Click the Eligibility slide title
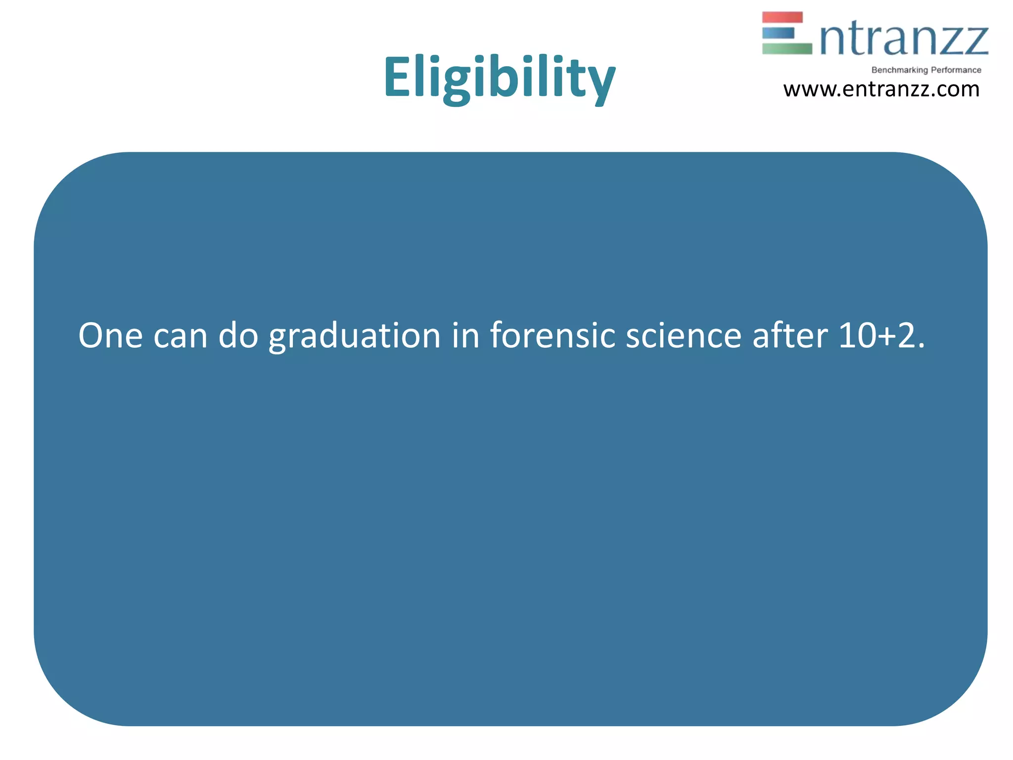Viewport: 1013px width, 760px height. click(499, 78)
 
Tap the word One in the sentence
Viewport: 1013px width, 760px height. click(110, 336)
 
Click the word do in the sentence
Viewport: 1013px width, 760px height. click(238, 335)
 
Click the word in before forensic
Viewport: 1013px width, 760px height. click(465, 335)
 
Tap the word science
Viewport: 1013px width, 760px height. click(683, 336)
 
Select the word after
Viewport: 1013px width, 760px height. click(789, 335)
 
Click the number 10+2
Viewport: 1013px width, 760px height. click(880, 336)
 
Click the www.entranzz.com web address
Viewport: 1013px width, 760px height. click(881, 90)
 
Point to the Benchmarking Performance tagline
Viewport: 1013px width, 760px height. click(926, 70)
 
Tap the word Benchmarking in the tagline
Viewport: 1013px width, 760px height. click(899, 70)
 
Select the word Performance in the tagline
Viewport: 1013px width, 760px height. click(956, 70)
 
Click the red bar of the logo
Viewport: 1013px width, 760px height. click(782, 17)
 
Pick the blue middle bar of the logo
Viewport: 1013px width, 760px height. click(778, 33)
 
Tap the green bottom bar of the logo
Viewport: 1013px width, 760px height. click(786, 49)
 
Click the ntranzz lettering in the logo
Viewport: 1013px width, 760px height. click(904, 40)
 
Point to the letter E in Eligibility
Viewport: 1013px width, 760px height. click(400, 77)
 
